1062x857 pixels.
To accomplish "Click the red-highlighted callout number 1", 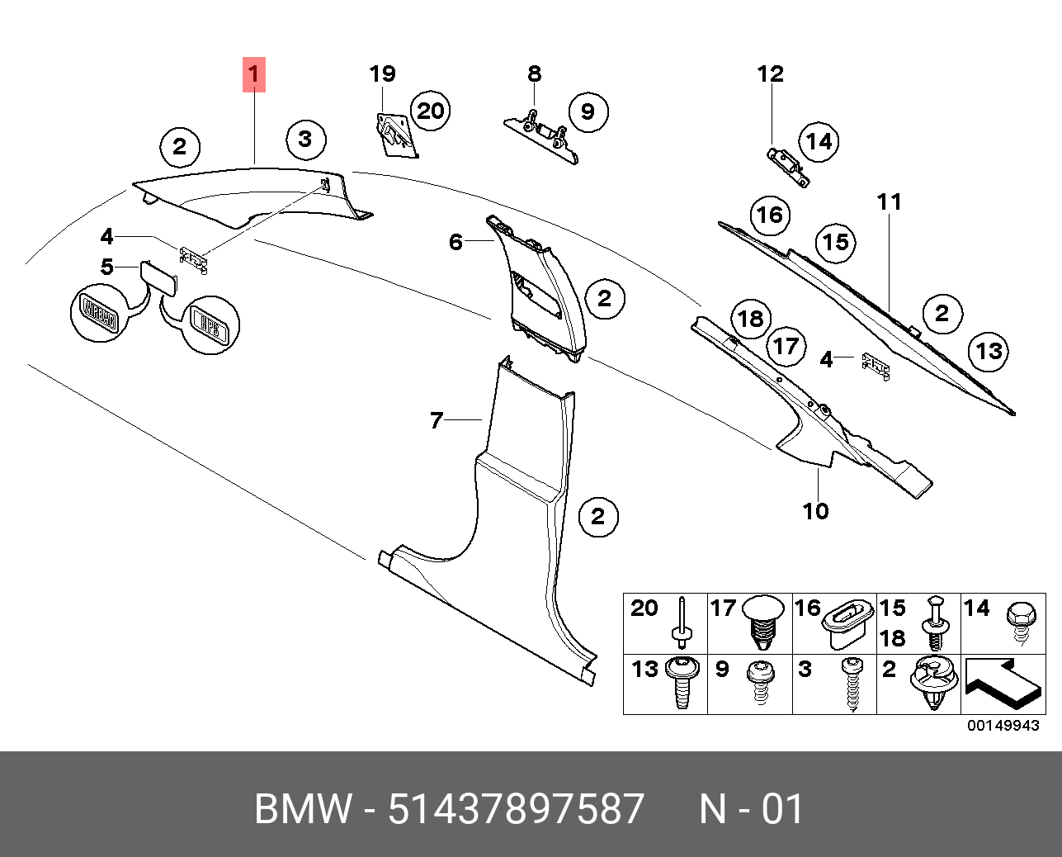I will [254, 74].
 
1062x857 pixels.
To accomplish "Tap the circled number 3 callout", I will [304, 139].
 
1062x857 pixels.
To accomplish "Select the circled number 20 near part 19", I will [430, 111].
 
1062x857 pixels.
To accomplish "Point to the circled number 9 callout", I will [588, 111].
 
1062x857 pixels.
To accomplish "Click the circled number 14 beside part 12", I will [819, 142].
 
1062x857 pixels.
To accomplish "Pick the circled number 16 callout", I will [770, 215].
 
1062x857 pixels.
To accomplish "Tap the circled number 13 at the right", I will [988, 352].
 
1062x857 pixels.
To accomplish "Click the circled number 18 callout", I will [750, 319].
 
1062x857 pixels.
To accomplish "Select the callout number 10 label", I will [815, 511].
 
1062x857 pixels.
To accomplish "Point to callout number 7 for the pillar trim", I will [437, 420].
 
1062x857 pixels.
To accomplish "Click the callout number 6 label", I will [456, 242].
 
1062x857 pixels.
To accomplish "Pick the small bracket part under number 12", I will [787, 164].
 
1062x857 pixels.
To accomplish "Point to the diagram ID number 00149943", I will [1003, 726].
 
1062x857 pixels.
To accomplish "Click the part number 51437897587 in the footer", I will [516, 809].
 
